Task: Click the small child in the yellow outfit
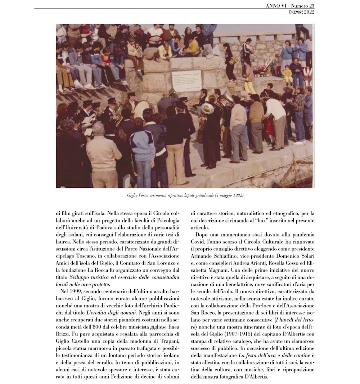pos(287,75)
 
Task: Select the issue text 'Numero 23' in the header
pos(303,6)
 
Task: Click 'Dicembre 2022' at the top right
pos(302,12)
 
